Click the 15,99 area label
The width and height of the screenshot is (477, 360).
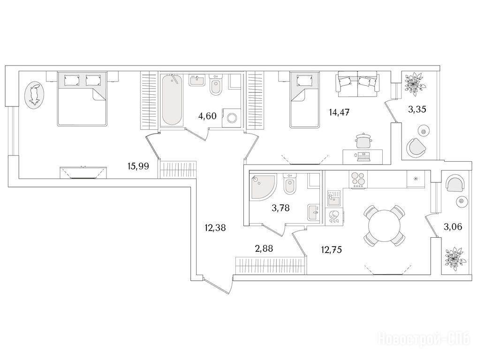tap(138, 166)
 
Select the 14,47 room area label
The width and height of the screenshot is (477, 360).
tap(339, 112)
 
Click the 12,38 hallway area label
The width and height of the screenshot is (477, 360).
tap(215, 227)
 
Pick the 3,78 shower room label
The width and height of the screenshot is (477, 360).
tap(280, 208)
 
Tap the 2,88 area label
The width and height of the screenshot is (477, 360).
tap(264, 249)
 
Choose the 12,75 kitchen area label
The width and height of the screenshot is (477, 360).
tap(332, 250)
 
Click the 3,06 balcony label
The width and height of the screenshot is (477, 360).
tap(453, 226)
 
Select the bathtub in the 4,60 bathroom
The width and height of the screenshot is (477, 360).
tap(172, 100)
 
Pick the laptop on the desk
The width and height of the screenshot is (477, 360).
tap(364, 157)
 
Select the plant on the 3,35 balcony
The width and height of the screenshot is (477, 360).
tap(415, 82)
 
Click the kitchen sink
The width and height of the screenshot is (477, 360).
tap(334, 200)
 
